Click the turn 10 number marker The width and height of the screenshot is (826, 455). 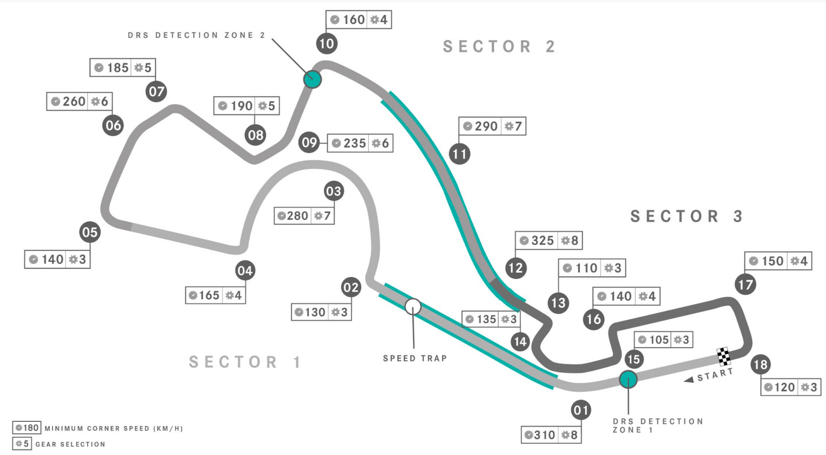click(x=327, y=43)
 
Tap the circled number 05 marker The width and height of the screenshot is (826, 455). click(x=90, y=232)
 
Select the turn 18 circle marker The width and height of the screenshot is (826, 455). click(x=760, y=365)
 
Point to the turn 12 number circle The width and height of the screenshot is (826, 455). click(x=516, y=268)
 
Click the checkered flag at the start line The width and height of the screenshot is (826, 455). click(x=723, y=356)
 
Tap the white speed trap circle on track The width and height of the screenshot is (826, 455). click(x=412, y=307)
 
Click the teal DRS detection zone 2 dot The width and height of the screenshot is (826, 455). click(x=313, y=79)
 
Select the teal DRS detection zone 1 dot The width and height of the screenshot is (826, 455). click(x=628, y=379)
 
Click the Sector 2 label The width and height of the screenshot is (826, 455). click(x=499, y=47)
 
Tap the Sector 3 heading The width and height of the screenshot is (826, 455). click(x=686, y=216)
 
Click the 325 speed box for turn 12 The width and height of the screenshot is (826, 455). click(x=548, y=241)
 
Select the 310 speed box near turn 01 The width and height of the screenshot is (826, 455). click(x=551, y=435)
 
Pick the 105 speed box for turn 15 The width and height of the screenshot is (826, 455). click(x=663, y=340)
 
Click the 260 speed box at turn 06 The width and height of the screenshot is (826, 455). click(x=79, y=102)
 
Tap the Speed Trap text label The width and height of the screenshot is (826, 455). click(x=415, y=358)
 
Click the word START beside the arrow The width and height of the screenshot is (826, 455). click(x=715, y=375)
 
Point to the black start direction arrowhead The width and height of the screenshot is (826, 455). click(x=689, y=379)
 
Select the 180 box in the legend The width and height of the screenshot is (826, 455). click(x=27, y=428)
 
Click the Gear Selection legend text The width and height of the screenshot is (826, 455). click(x=70, y=444)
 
